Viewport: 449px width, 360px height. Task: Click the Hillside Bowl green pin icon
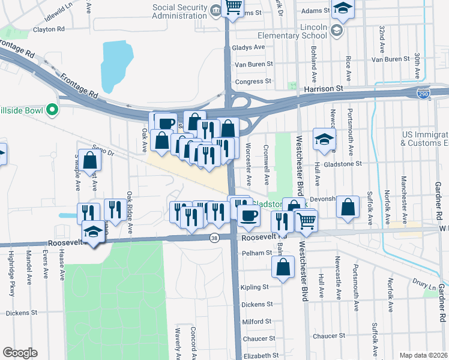point(52,110)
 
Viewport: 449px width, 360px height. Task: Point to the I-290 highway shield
point(424,94)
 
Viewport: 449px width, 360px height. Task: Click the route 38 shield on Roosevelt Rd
point(215,238)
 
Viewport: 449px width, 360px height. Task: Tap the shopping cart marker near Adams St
point(233,7)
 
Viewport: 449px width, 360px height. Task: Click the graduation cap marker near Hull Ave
point(324,139)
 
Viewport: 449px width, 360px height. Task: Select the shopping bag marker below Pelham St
point(283,265)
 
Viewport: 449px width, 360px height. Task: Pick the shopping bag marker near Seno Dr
point(89,160)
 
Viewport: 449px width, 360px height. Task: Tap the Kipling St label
point(257,287)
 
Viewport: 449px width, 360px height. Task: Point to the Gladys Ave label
point(251,47)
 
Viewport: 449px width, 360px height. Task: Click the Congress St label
point(250,82)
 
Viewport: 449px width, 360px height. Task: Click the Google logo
point(20,353)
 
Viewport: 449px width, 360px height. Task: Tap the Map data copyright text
point(424,355)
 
